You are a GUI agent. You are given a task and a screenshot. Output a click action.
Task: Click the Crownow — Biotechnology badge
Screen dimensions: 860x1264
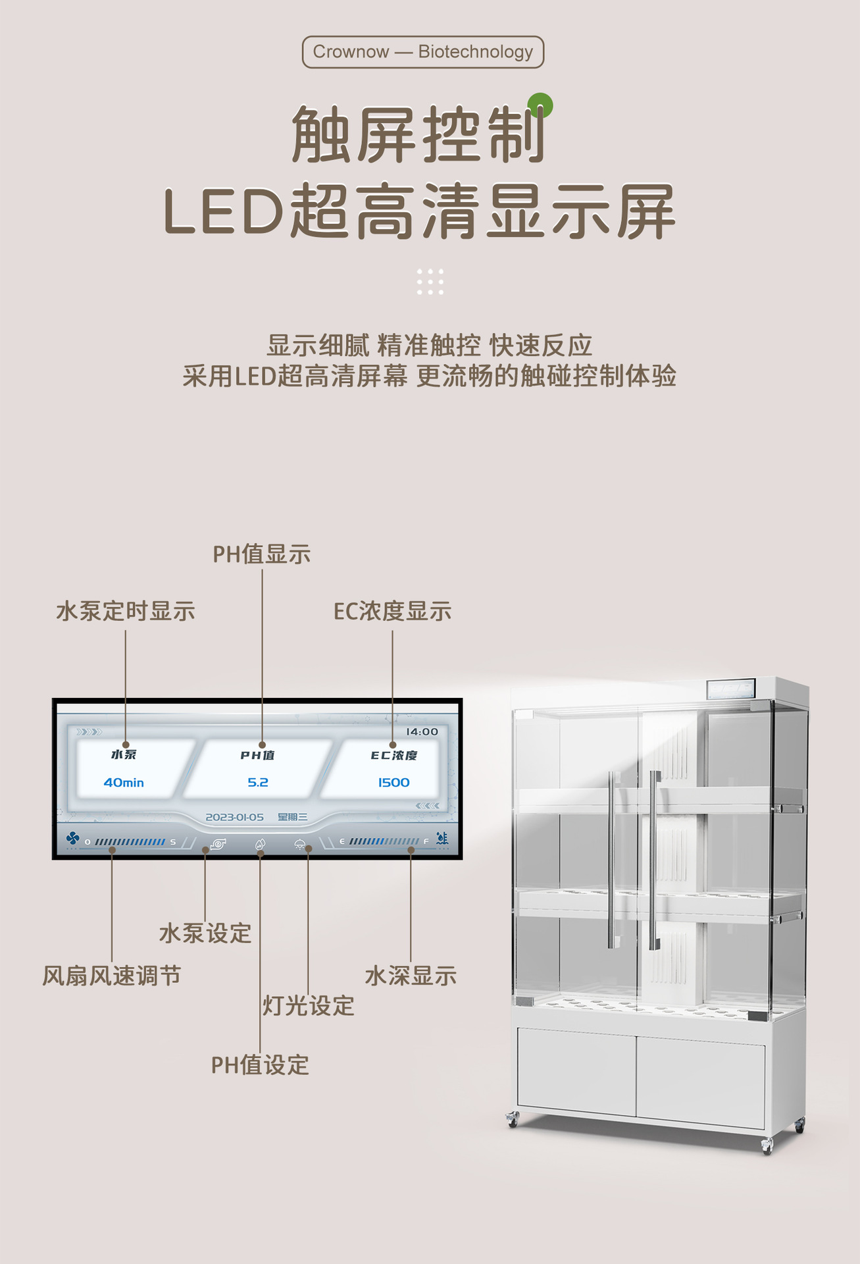pyautogui.click(x=423, y=52)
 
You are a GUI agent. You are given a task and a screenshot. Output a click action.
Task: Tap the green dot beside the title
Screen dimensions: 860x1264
pyautogui.click(x=540, y=105)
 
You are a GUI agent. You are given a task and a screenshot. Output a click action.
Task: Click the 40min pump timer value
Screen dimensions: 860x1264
pyautogui.click(x=124, y=783)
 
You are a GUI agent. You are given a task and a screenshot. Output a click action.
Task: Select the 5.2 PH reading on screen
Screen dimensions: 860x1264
pyautogui.click(x=258, y=783)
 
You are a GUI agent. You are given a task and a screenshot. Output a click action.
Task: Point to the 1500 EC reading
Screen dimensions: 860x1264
pyautogui.click(x=393, y=783)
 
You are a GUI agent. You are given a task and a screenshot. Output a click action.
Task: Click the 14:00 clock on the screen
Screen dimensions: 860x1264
pyautogui.click(x=422, y=732)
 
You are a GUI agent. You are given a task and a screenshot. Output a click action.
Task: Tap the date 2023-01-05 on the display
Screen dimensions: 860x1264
pyautogui.click(x=234, y=818)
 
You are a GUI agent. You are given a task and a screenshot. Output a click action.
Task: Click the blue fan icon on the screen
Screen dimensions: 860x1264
pyautogui.click(x=72, y=838)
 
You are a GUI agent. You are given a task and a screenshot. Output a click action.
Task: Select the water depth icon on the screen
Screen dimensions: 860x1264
pyautogui.click(x=442, y=839)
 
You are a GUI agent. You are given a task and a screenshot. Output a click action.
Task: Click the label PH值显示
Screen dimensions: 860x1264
pyautogui.click(x=261, y=554)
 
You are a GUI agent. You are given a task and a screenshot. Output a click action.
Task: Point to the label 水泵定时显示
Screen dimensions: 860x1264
pyautogui.click(x=126, y=612)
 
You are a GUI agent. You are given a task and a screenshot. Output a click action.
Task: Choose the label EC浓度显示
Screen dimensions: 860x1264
pyautogui.click(x=392, y=612)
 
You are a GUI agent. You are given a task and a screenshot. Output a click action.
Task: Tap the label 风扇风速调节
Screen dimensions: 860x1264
pyautogui.click(x=111, y=976)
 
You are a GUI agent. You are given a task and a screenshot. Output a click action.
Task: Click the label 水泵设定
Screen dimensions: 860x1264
pyautogui.click(x=205, y=934)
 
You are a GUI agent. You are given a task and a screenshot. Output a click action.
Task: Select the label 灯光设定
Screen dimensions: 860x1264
pyautogui.click(x=309, y=1006)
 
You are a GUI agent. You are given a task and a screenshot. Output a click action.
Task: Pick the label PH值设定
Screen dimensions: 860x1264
pyautogui.click(x=260, y=1065)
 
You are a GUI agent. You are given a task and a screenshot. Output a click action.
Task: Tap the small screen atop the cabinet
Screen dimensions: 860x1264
pyautogui.click(x=730, y=689)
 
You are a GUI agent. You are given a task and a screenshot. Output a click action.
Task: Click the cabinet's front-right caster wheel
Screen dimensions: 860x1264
pyautogui.click(x=767, y=1146)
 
